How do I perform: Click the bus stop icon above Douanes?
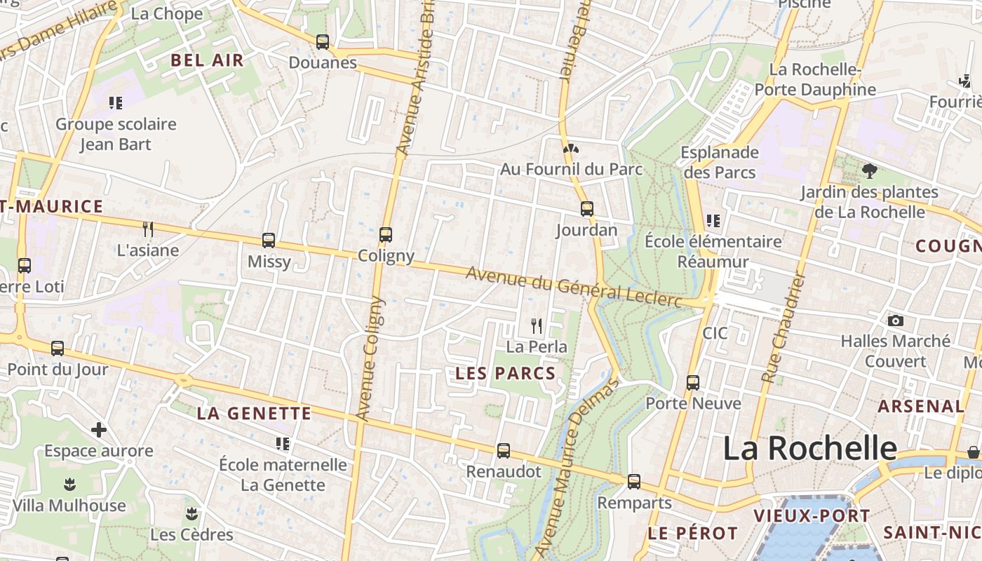click(323, 42)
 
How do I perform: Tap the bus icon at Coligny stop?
click(385, 235)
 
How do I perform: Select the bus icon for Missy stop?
click(269, 241)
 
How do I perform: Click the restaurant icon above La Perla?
click(537, 325)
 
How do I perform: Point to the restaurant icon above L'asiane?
click(148, 229)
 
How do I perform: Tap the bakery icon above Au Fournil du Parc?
click(571, 148)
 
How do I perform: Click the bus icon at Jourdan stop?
click(586, 209)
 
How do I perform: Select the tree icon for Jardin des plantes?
click(869, 170)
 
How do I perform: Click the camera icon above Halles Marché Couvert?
click(895, 320)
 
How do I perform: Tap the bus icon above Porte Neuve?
click(693, 382)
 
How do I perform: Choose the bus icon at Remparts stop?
click(634, 482)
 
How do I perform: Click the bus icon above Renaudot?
click(504, 451)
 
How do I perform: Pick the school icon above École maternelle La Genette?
click(283, 443)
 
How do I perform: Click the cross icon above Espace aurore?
click(99, 429)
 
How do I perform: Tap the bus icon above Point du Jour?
click(58, 348)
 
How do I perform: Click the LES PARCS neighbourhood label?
click(506, 374)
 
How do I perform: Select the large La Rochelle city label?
click(810, 448)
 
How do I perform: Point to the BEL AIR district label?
click(208, 60)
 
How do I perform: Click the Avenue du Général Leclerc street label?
click(574, 286)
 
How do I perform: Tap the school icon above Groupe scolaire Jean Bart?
click(116, 103)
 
